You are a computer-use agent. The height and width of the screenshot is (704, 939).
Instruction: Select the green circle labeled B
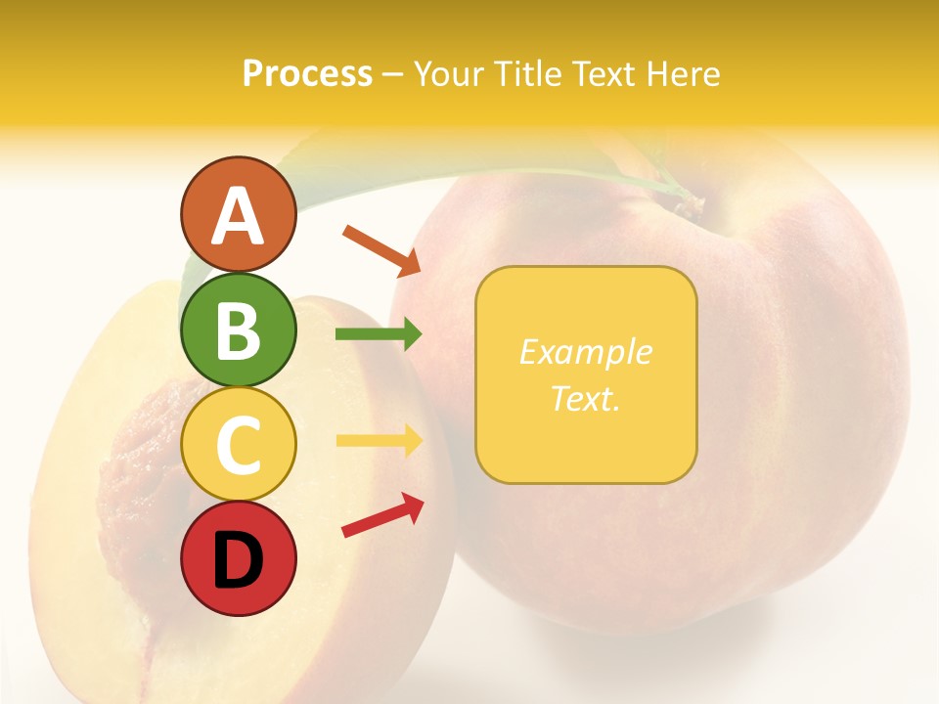click(x=238, y=330)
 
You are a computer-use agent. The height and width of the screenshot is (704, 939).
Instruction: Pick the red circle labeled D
click(x=238, y=558)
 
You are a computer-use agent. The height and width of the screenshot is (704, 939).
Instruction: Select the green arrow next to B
click(x=379, y=334)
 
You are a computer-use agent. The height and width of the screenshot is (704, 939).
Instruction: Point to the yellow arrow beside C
click(x=379, y=440)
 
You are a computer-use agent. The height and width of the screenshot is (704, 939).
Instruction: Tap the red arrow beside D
click(x=382, y=515)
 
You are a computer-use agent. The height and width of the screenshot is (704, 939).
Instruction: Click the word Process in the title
click(x=307, y=73)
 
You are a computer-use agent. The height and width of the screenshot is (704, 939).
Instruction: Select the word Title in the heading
click(x=530, y=73)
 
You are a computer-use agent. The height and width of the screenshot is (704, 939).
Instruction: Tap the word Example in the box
click(x=585, y=352)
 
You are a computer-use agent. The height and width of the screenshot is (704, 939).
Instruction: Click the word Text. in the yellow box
click(x=585, y=399)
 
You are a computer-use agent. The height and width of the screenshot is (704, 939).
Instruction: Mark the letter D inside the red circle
click(x=238, y=560)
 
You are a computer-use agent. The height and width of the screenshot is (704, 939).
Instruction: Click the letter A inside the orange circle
click(x=238, y=217)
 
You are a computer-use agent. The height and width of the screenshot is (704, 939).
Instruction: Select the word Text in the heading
click(x=604, y=73)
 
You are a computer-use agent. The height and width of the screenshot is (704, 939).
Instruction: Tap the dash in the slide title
click(x=393, y=75)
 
